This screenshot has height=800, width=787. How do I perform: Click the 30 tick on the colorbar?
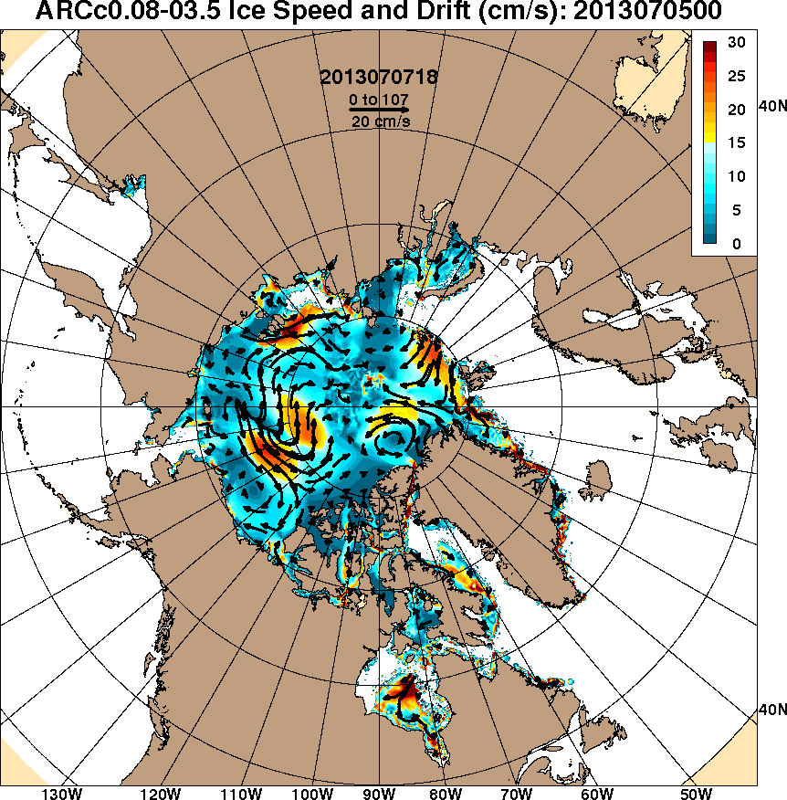click(x=738, y=42)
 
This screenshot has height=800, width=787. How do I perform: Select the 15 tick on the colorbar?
click(x=738, y=142)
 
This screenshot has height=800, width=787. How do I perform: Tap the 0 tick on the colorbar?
click(x=738, y=244)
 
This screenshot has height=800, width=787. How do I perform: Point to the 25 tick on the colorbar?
click(x=738, y=76)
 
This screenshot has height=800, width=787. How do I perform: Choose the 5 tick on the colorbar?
click(x=738, y=210)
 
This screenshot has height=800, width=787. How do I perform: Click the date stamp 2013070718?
click(x=379, y=78)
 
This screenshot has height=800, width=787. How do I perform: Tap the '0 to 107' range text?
click(x=379, y=98)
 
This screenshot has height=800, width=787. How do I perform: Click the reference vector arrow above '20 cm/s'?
click(x=379, y=110)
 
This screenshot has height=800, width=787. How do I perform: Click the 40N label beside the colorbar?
click(x=772, y=107)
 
